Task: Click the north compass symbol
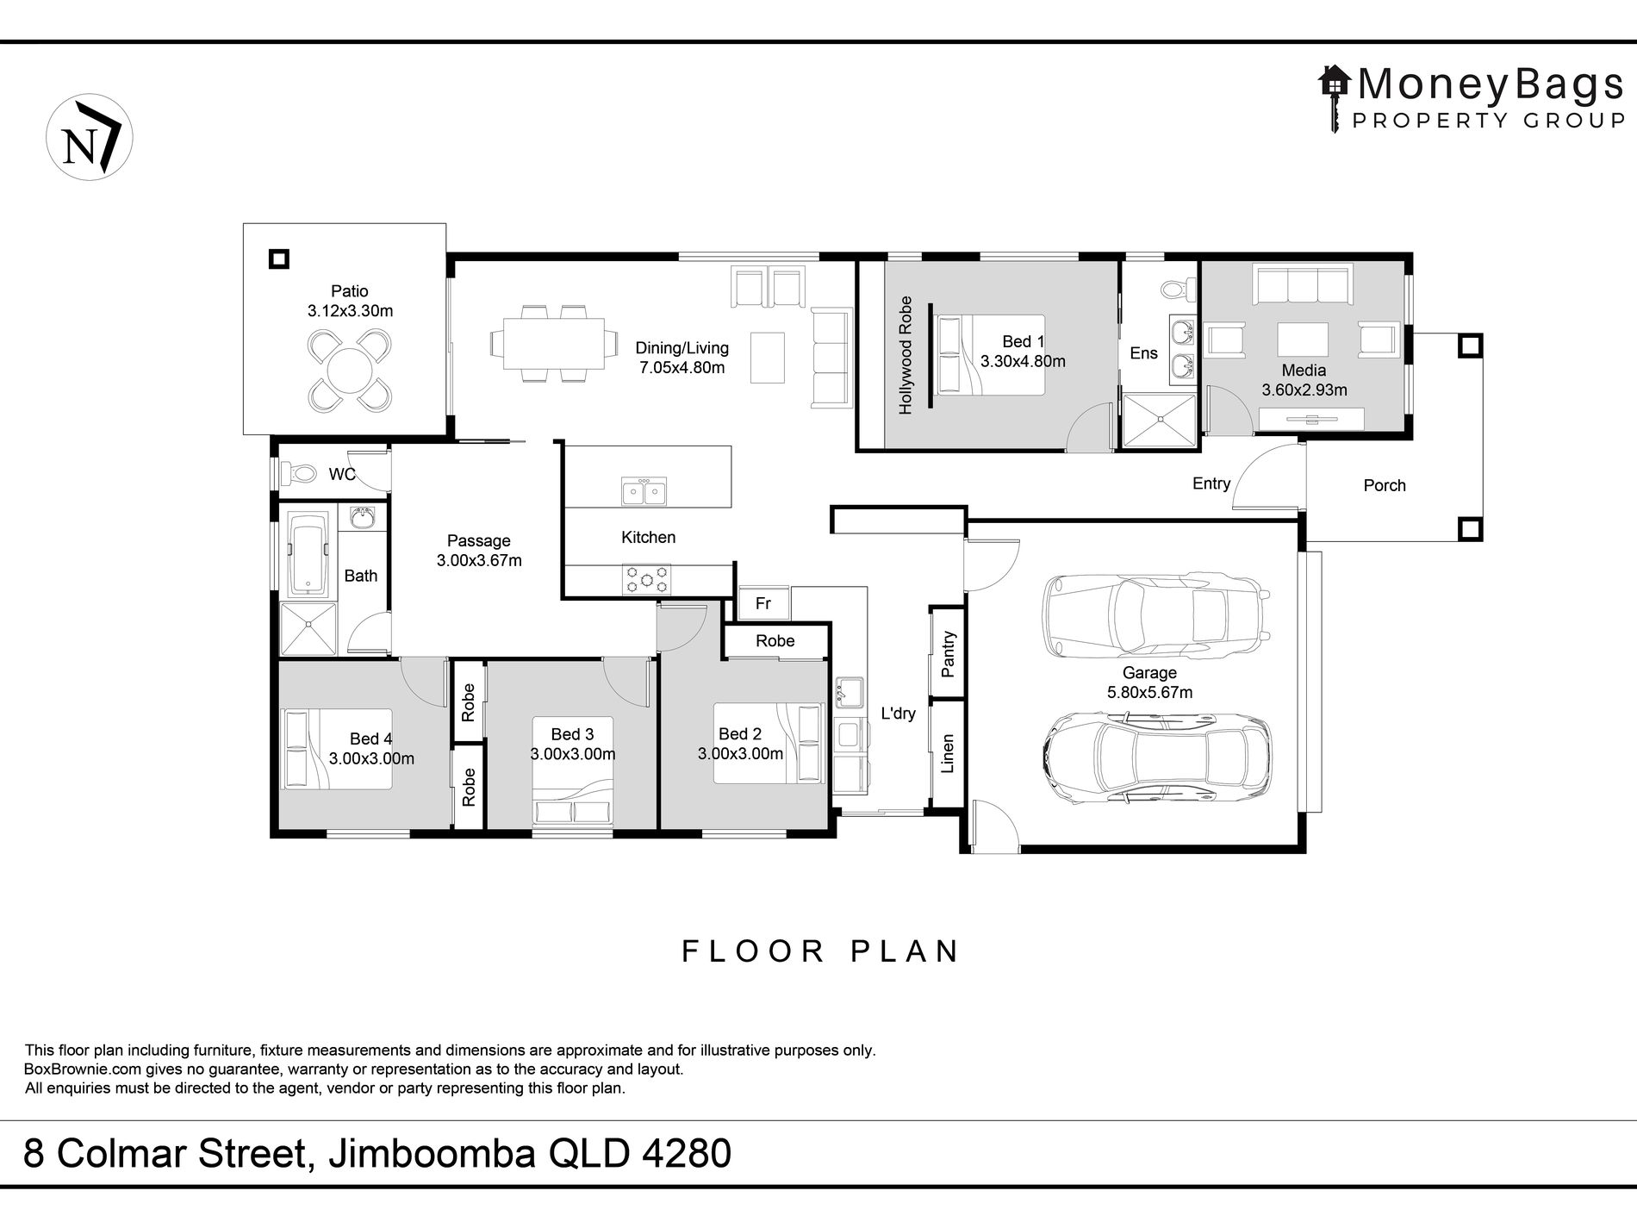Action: coord(90,138)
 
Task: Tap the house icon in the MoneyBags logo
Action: coord(1335,83)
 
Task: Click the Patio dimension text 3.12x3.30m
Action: coord(350,311)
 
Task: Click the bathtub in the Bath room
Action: coord(308,554)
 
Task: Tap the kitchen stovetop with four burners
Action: coord(646,578)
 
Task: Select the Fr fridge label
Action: coord(763,603)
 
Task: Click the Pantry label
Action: coord(949,654)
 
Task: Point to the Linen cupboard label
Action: coord(948,753)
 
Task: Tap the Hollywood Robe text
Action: coord(905,355)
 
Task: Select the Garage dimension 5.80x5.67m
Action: coord(1149,692)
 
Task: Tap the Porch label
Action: coord(1385,485)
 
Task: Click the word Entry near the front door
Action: coord(1211,483)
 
